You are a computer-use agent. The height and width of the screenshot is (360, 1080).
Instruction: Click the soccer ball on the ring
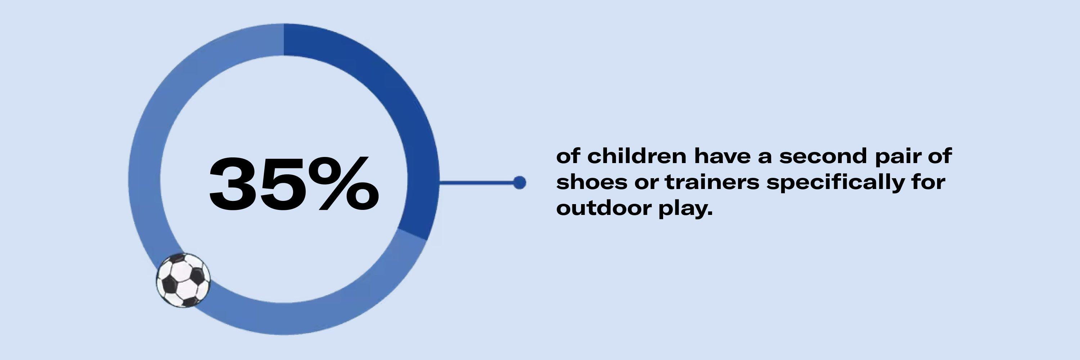point(183,281)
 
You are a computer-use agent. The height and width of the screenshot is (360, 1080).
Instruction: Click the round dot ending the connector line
point(519,182)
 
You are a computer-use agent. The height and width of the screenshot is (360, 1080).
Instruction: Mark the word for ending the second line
point(927,182)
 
